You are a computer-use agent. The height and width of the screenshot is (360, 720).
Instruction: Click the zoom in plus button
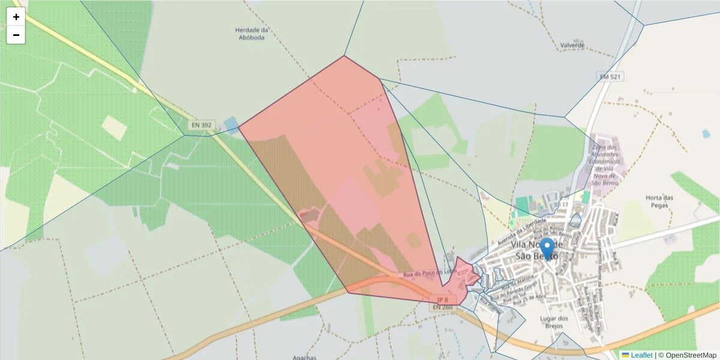tap(16, 17)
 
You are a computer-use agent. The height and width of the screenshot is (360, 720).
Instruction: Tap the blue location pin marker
tap(547, 250)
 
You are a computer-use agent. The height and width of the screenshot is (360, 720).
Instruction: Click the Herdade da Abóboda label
tap(251, 33)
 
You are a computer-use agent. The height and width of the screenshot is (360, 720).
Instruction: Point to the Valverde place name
tap(572, 45)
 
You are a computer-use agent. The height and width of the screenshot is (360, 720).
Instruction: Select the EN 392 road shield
tap(201, 125)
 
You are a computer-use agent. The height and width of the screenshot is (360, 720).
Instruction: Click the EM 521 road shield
tap(610, 77)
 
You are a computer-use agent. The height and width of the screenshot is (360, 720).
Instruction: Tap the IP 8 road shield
tap(443, 299)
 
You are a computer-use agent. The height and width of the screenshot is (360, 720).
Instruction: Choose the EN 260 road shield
tap(442, 307)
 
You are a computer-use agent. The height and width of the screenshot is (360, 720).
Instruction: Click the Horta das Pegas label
tap(659, 201)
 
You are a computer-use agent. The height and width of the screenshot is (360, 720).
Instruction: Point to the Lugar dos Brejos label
tap(554, 322)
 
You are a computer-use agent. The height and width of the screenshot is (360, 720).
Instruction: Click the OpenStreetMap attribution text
tap(687, 355)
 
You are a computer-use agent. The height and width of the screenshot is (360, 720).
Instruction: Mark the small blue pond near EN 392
tap(230, 125)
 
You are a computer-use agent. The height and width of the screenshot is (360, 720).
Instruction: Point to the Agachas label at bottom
tap(304, 358)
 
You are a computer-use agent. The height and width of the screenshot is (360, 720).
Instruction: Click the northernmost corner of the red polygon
tap(344, 56)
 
